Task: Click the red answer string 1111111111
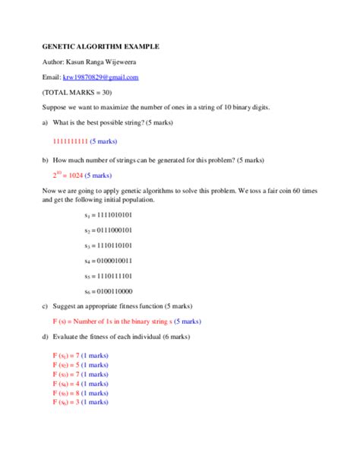pos(70,141)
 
